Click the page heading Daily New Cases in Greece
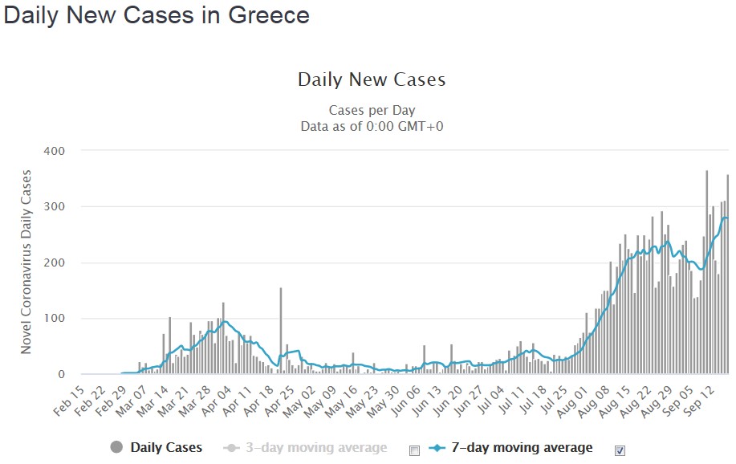(157, 16)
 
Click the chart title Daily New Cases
(372, 79)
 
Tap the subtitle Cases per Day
(372, 110)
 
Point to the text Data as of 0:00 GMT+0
(372, 126)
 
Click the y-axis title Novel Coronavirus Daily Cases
(26, 262)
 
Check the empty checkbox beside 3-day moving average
(414, 450)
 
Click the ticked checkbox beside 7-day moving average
(620, 450)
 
